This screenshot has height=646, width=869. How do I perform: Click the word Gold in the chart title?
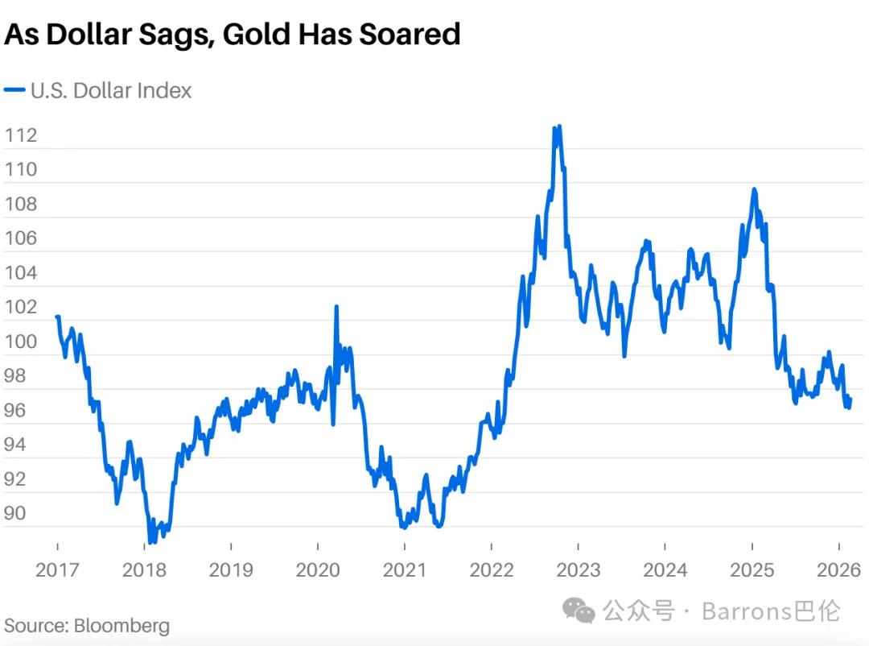256,35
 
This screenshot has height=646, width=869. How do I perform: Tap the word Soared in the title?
410,35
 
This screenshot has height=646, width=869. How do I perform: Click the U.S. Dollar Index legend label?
111,90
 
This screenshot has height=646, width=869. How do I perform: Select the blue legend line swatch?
14,90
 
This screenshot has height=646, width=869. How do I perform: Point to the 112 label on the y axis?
20,135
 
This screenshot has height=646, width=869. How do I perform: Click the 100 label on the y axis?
20,342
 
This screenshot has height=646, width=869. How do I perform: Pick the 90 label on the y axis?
15,513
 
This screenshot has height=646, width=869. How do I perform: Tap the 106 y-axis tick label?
20,238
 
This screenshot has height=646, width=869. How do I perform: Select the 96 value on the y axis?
15,411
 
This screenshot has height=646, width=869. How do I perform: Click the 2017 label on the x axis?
57,570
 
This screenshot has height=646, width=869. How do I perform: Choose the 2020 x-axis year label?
318,570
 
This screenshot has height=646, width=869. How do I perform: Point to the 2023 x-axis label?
578,570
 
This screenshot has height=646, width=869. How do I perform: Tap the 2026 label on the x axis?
838,570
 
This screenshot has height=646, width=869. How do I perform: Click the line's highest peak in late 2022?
559,126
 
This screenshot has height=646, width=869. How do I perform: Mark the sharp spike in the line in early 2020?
336,306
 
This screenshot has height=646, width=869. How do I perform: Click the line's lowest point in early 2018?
150,541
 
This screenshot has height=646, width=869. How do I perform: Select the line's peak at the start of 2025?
754,190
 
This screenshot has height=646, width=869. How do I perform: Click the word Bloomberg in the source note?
122,626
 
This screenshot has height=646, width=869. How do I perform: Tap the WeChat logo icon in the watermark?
579,611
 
